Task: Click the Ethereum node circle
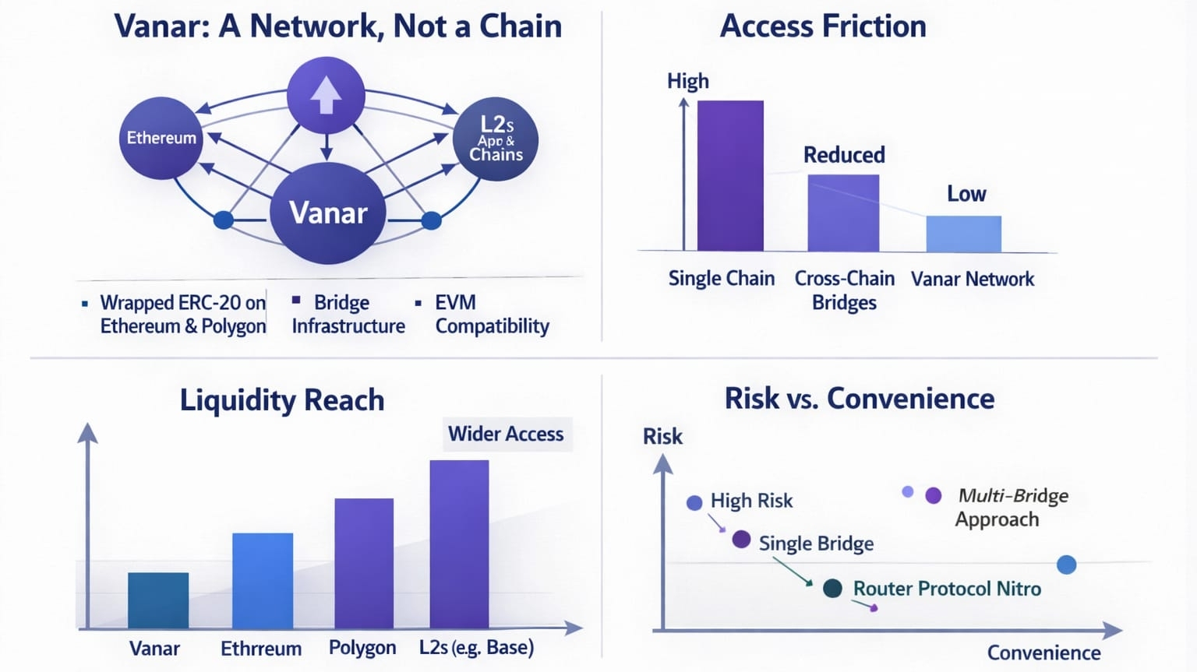[161, 138]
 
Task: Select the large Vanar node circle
[327, 213]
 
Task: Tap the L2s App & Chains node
[496, 139]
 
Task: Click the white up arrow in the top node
[326, 96]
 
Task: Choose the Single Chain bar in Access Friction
[730, 176]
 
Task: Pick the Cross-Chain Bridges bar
[843, 213]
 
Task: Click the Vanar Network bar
[963, 234]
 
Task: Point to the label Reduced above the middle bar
[844, 155]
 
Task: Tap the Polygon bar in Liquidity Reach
[364, 563]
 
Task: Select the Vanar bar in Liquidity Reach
[158, 600]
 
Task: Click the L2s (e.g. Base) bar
[459, 544]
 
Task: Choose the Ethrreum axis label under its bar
[261, 649]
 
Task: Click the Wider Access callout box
[507, 434]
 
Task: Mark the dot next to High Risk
[694, 502]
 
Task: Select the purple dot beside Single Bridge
[741, 540]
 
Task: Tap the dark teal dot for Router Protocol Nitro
[832, 588]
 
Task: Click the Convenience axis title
[1043, 653]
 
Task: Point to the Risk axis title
[662, 437]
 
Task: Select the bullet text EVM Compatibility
[493, 314]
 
